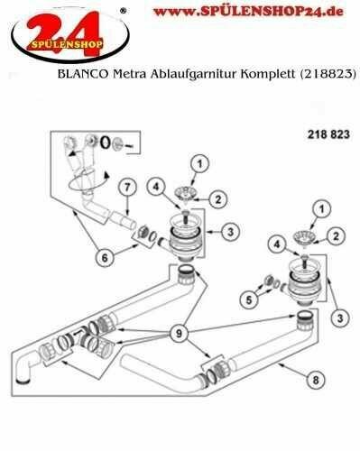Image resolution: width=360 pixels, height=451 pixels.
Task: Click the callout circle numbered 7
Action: click(x=127, y=188)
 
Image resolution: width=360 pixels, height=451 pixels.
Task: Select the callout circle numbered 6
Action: click(x=105, y=258)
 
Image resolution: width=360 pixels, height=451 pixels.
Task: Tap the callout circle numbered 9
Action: click(x=179, y=333)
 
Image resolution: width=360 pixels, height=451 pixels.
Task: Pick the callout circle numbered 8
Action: click(x=316, y=380)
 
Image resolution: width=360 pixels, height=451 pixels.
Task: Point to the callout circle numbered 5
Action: click(x=249, y=299)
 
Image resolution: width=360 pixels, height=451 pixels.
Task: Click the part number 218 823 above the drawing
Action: click(x=328, y=134)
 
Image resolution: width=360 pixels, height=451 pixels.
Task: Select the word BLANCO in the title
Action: click(x=82, y=74)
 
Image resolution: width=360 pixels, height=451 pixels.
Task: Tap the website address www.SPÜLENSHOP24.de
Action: click(x=248, y=12)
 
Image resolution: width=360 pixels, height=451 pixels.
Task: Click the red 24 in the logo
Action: click(x=65, y=33)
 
